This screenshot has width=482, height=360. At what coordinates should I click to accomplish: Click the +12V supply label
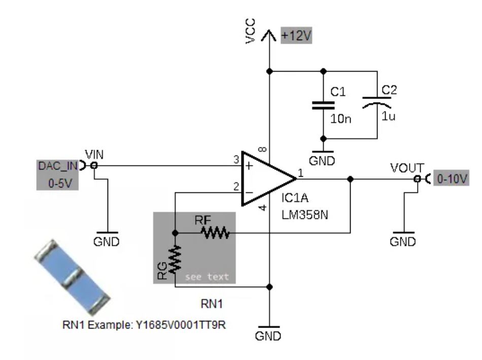[296, 36]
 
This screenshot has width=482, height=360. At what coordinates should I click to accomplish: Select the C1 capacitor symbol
[323, 105]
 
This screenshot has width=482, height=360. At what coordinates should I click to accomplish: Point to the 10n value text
[340, 119]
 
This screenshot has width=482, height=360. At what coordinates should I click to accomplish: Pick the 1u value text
[388, 116]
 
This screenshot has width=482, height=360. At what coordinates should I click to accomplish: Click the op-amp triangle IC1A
[269, 178]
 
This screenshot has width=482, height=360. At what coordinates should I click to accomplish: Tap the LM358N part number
[304, 215]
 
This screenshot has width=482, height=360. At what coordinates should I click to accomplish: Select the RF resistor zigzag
[216, 233]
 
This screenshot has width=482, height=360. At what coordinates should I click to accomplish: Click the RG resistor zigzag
[175, 259]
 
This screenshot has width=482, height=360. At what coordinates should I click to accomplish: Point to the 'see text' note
[207, 277]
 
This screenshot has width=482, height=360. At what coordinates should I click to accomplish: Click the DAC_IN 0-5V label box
[57, 175]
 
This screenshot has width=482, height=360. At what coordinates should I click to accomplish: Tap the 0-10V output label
[451, 178]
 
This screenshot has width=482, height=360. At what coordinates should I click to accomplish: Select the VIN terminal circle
[94, 166]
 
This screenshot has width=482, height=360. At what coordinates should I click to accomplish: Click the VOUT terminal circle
[417, 178]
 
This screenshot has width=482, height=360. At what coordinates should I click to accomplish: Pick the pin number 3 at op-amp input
[236, 160]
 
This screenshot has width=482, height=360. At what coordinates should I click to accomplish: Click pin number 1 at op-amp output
[301, 173]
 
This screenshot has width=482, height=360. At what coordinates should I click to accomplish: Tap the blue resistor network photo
[72, 278]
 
